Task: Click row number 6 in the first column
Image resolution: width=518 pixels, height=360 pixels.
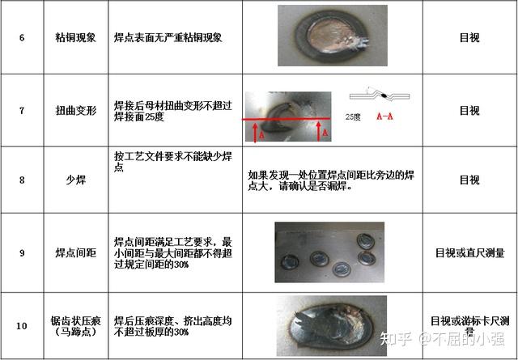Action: (x=22, y=38)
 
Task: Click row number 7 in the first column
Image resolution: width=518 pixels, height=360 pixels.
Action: (x=22, y=111)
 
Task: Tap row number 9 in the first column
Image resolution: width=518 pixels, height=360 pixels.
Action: (x=22, y=253)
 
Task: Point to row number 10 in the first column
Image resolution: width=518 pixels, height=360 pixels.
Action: (x=22, y=326)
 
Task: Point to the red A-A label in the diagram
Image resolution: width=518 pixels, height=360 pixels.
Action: (x=386, y=116)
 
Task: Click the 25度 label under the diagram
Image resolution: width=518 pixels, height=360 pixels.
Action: (x=352, y=116)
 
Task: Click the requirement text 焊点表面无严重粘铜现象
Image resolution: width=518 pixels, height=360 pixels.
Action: (x=168, y=38)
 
